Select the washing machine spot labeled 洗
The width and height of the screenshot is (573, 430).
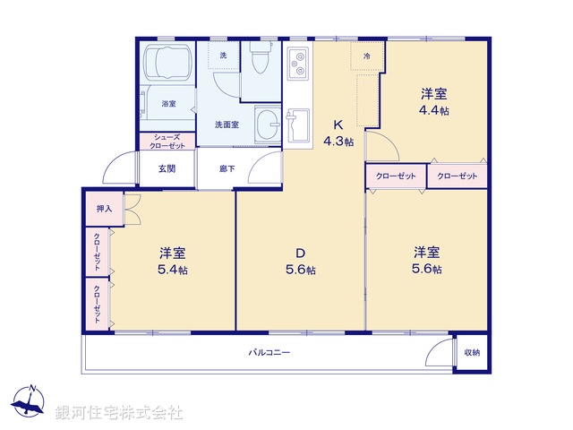223,56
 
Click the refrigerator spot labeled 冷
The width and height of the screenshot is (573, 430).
366,56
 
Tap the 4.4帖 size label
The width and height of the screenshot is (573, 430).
435,111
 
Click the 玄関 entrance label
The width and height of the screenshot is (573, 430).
167,168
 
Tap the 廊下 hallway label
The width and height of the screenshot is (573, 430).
227,168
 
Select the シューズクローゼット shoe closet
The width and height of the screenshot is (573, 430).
167,142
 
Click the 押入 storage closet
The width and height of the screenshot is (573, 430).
104,209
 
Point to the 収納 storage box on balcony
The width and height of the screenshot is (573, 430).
472,352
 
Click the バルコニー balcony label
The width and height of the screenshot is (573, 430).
269,352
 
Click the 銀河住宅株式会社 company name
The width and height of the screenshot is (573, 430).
119,413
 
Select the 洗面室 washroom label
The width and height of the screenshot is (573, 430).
226,125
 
